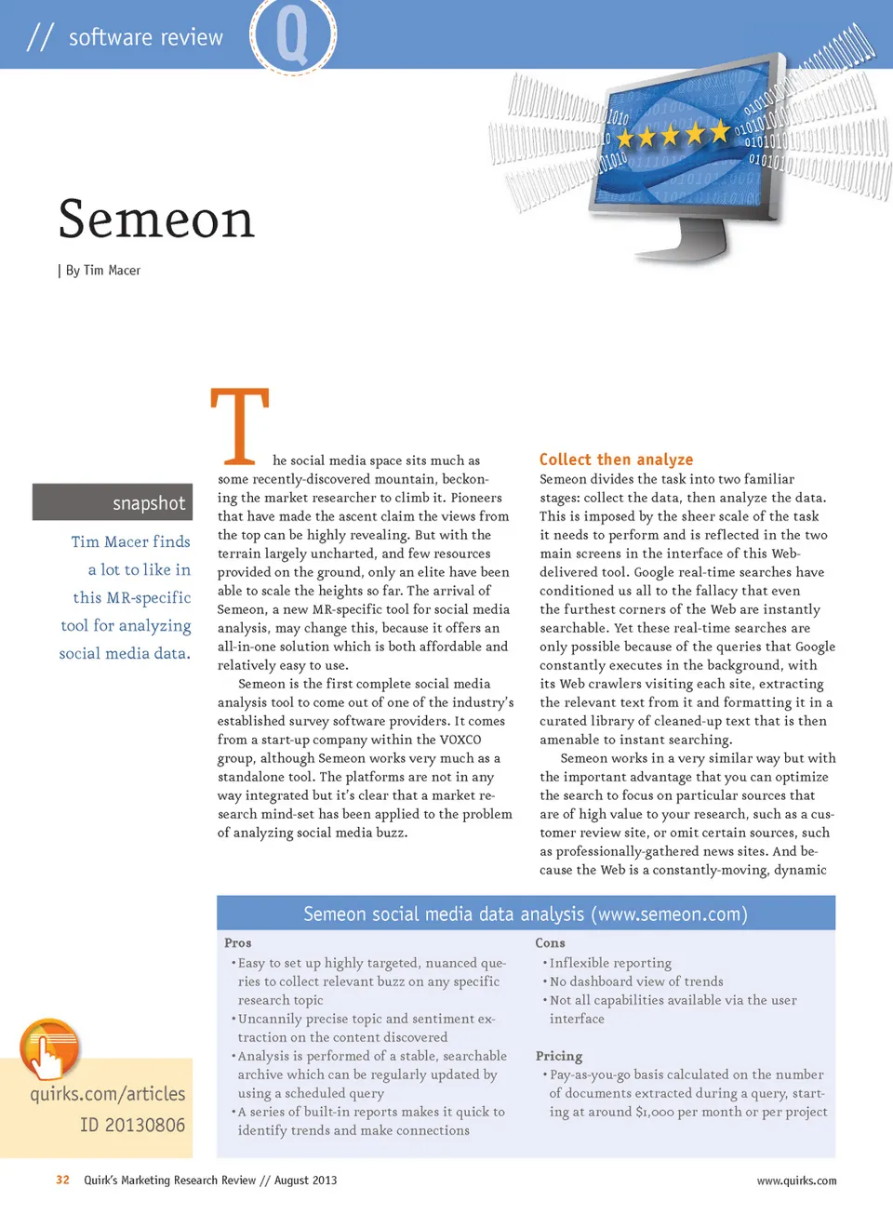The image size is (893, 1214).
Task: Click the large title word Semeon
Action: point(156,220)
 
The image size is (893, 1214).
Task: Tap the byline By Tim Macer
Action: point(102,271)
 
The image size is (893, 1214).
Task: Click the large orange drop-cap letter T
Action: point(240,426)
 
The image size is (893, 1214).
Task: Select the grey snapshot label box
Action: point(113,502)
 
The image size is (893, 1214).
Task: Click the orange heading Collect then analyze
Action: point(616,460)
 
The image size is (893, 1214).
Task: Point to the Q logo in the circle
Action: point(292,35)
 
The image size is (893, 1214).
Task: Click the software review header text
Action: point(145,37)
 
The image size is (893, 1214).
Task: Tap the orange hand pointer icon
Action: point(48,1049)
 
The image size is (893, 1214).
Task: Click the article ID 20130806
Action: point(132,1125)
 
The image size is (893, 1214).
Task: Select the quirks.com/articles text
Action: point(108,1094)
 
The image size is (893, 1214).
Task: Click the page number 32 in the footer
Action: point(62,1181)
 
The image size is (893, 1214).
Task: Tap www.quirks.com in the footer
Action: point(796,1181)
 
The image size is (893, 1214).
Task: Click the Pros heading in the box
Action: point(238,943)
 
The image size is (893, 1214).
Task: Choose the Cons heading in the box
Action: point(550,943)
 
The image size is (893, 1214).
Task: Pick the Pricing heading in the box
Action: point(559,1056)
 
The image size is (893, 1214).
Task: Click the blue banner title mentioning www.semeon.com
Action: point(526,914)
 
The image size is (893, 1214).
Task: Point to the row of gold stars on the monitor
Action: point(672,136)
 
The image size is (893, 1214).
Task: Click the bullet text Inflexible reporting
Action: point(610,963)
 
